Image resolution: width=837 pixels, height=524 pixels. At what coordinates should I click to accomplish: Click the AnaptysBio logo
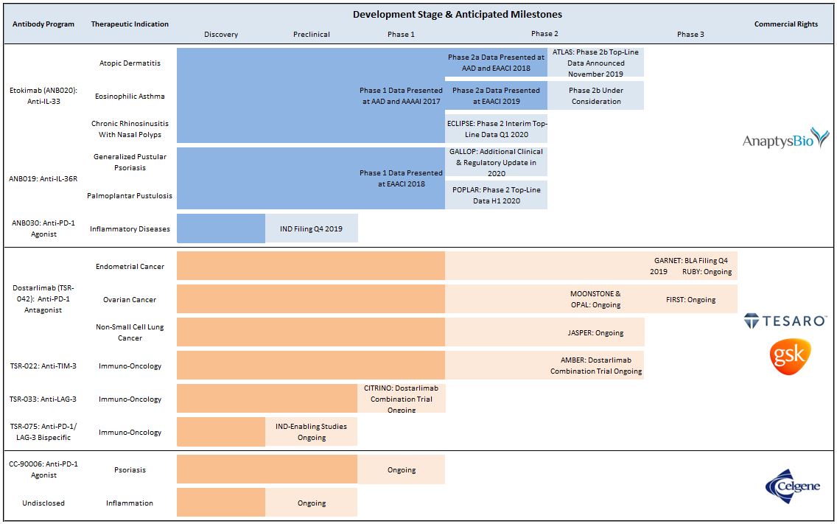[x=785, y=139]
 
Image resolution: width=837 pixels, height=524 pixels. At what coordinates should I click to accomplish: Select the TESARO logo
[x=785, y=321]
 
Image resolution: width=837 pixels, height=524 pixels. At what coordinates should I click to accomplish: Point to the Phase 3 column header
[x=690, y=34]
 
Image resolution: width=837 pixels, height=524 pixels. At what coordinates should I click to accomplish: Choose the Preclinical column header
[x=312, y=34]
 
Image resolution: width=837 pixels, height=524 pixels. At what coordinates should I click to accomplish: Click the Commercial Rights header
[x=785, y=24]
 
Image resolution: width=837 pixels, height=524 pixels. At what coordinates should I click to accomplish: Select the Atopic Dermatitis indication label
[x=130, y=63]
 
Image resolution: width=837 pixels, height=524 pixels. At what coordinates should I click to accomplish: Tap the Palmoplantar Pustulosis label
[x=130, y=195]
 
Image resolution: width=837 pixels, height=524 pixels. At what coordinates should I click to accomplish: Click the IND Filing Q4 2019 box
[x=311, y=228]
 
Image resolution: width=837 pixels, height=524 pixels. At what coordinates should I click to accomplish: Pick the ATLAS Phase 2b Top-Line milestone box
[x=595, y=63]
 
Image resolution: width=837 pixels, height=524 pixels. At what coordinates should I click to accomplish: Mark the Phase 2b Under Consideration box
[x=595, y=96]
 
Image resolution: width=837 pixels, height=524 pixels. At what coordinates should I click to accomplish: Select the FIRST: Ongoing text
[x=691, y=299]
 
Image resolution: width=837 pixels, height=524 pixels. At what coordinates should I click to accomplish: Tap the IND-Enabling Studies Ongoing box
[x=311, y=432]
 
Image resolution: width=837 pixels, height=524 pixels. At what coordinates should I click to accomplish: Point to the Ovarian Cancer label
[x=130, y=299]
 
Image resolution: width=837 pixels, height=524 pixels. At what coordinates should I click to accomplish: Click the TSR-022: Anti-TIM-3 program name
[x=43, y=366]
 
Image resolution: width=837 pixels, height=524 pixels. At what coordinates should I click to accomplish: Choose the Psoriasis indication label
[x=130, y=469]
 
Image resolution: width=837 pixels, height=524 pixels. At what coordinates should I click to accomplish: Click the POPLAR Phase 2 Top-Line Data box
[x=496, y=195]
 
